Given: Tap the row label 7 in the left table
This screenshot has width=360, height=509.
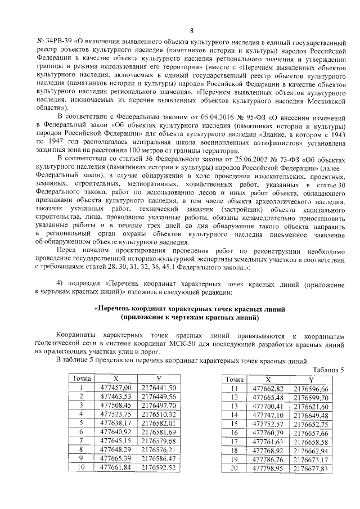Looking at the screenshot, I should [x=82, y=440].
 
